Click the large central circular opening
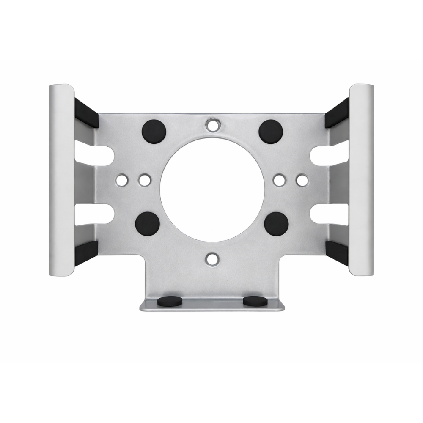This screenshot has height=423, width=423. pos(212,188)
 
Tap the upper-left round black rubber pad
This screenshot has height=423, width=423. pos(154,131)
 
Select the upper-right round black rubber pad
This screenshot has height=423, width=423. pos(271,131)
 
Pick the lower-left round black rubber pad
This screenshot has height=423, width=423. pos(148,224)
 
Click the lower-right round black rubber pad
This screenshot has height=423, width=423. pos(277,224)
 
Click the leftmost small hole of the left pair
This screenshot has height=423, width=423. pos(121,180)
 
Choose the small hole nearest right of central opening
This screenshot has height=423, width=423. pos(278,180)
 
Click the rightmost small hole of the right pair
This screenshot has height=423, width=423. pos(302,180)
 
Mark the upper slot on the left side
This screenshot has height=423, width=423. pos(95,155)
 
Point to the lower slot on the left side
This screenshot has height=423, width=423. pos(95,214)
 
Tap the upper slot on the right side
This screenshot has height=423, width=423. pos(329,155)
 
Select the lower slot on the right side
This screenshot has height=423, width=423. pos(329,214)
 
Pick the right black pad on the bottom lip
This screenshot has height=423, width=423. pos(255,301)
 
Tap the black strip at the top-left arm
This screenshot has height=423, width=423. pos(86,113)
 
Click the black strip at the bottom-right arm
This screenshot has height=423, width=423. pos(337,253)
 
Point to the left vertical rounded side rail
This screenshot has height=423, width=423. pos(61,180)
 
